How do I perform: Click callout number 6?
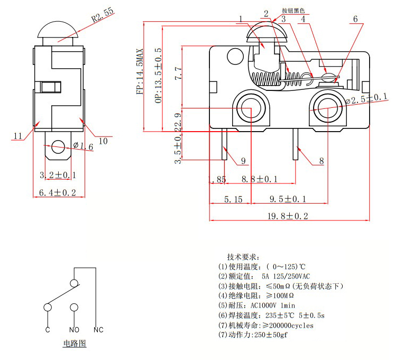[x=355, y=19]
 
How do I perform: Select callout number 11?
[x=19, y=136]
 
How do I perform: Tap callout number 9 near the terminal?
[x=243, y=161]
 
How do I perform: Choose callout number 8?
[x=321, y=161]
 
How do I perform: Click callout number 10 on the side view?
[x=103, y=141]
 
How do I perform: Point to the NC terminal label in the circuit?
[x=98, y=330]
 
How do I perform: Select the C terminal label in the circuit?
[x=48, y=330]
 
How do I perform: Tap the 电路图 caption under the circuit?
[x=74, y=344]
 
